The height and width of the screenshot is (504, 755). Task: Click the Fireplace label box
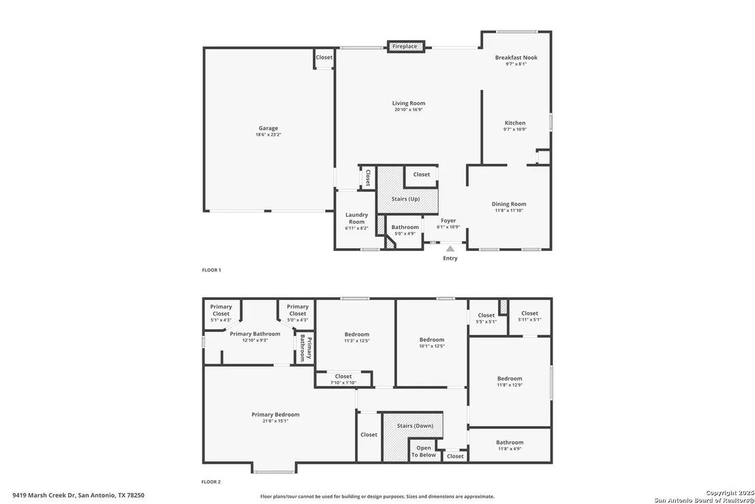click(x=406, y=47)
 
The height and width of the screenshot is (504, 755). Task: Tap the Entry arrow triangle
click(x=450, y=249)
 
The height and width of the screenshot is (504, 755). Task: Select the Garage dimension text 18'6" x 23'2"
click(x=268, y=135)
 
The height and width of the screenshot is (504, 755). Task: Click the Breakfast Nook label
click(x=517, y=57)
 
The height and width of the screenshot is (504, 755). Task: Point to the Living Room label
click(x=408, y=103)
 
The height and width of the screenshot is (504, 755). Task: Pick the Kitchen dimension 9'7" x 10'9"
click(x=514, y=129)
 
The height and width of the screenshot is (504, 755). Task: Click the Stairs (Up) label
click(x=405, y=198)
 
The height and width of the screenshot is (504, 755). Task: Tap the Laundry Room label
click(x=357, y=218)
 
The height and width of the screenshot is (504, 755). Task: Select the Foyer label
click(x=448, y=221)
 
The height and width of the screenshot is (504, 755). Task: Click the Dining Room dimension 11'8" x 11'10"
click(x=509, y=211)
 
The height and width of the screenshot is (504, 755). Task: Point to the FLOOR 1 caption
click(x=211, y=270)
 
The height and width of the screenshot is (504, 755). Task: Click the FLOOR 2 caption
click(x=211, y=482)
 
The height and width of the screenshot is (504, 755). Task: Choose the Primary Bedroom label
click(x=275, y=415)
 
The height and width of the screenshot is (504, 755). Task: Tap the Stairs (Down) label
click(x=415, y=426)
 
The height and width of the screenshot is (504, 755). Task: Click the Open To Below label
click(x=424, y=451)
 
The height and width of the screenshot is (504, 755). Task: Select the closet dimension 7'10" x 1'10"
click(x=343, y=383)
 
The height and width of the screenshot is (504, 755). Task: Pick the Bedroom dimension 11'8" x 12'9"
click(x=510, y=385)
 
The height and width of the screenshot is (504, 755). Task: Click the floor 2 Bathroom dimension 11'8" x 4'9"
click(x=510, y=449)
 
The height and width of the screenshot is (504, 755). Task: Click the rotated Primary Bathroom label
click(x=306, y=348)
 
